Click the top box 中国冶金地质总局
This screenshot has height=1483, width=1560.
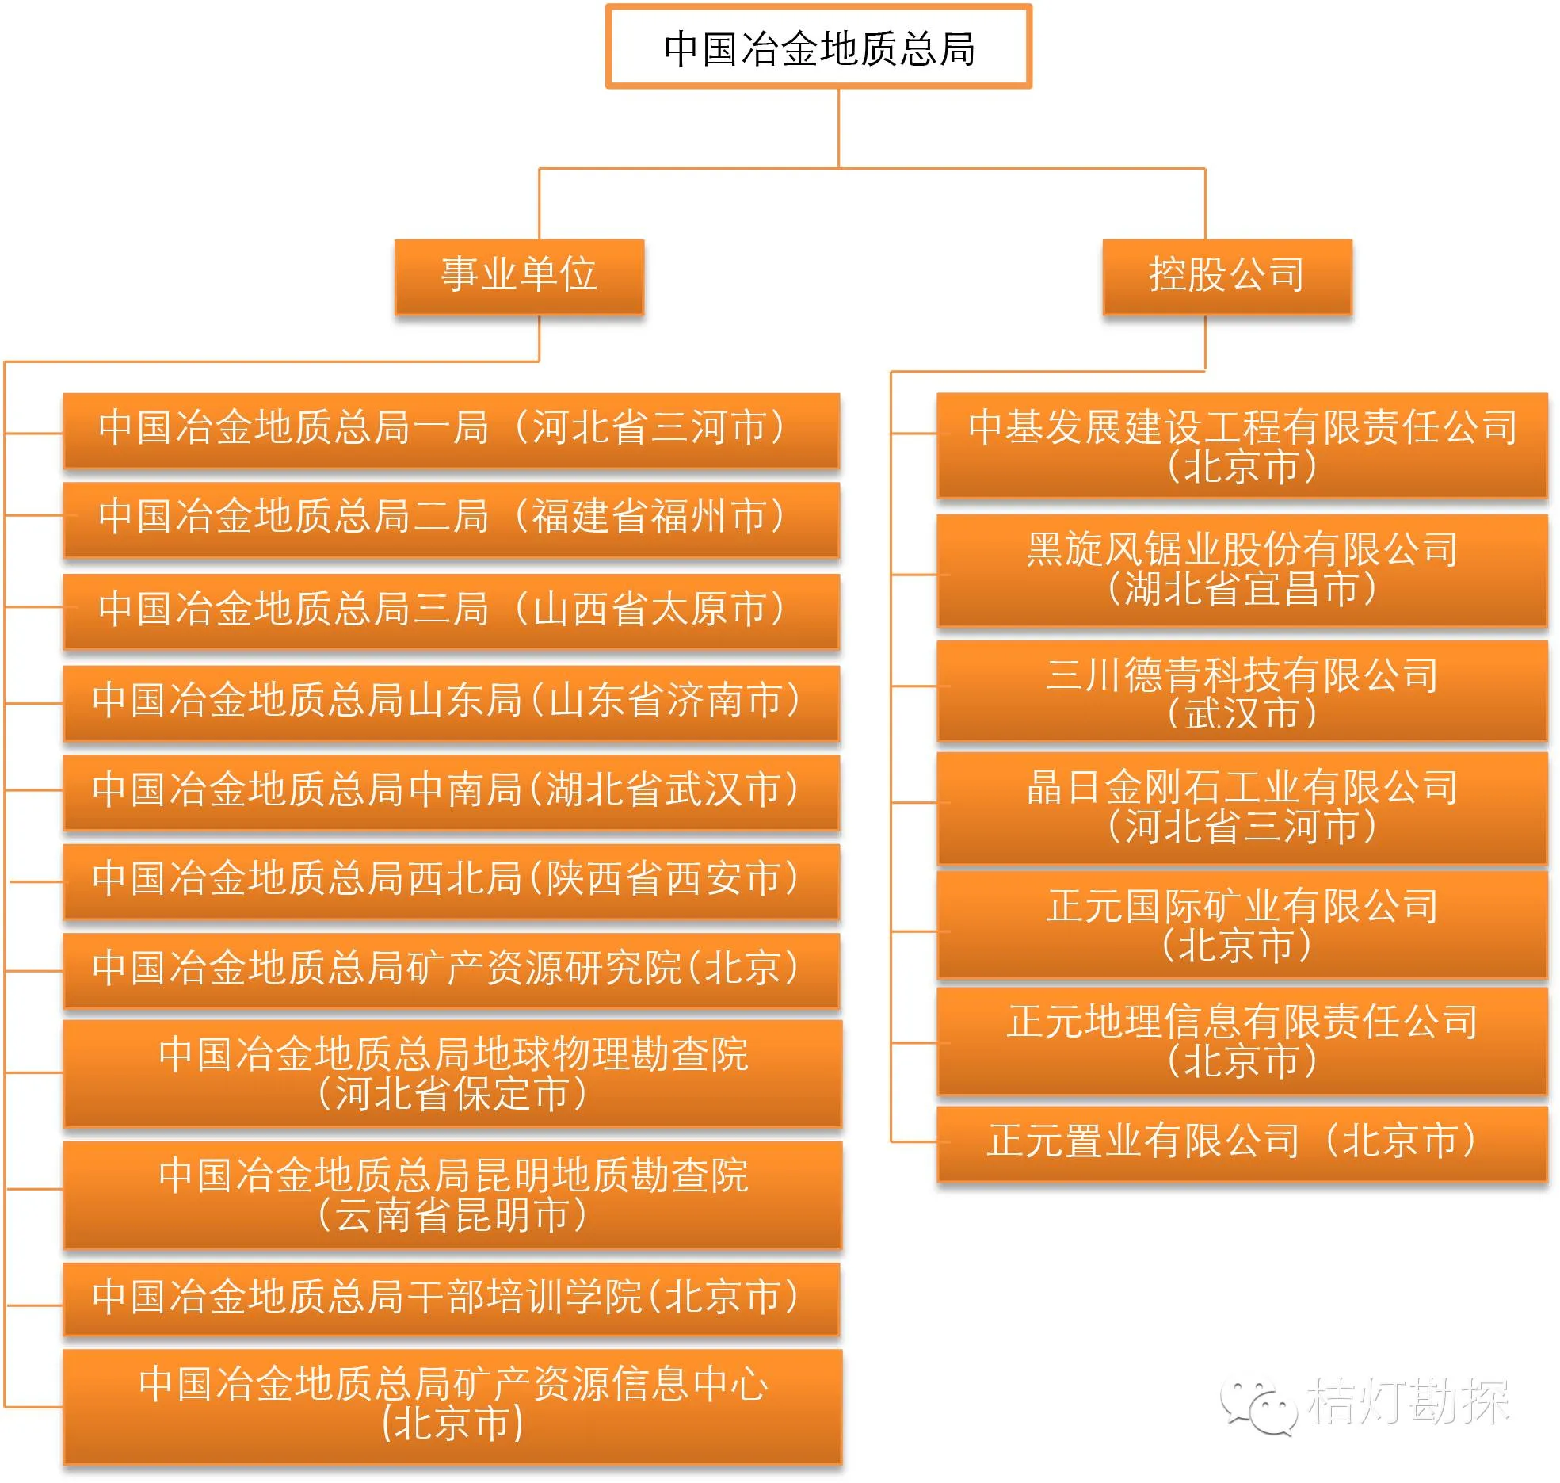click(x=818, y=47)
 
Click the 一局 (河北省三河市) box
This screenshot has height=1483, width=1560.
click(x=451, y=430)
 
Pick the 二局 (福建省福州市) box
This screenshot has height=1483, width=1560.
click(x=451, y=519)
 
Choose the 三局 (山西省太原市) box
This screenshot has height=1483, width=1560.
click(x=451, y=611)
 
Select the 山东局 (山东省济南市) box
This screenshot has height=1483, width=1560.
click(x=451, y=702)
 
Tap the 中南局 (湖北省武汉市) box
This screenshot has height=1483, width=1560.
click(x=451, y=792)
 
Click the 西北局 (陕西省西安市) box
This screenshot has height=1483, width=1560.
click(x=451, y=881)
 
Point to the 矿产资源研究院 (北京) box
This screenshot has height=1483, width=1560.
click(x=451, y=970)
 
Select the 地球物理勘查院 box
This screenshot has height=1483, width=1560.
click(x=452, y=1073)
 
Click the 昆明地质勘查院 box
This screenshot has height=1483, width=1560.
click(x=452, y=1194)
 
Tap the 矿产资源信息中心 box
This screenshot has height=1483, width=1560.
click(x=452, y=1405)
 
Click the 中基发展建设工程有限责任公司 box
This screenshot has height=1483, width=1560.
click(x=1242, y=445)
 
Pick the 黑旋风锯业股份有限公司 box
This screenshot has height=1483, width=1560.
click(x=1242, y=570)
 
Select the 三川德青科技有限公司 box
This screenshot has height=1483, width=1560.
click(x=1242, y=691)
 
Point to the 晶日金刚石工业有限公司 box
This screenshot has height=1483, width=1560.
click(x=1242, y=807)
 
